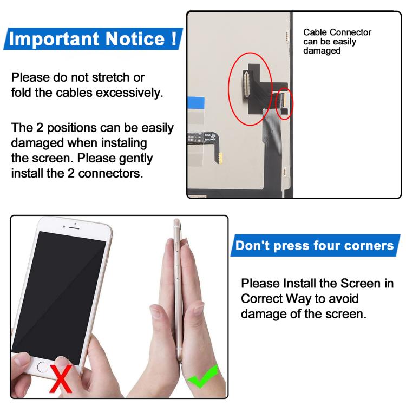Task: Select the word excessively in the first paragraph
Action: point(129,93)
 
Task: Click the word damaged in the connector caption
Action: point(322,51)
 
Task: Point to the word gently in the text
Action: point(135,159)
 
